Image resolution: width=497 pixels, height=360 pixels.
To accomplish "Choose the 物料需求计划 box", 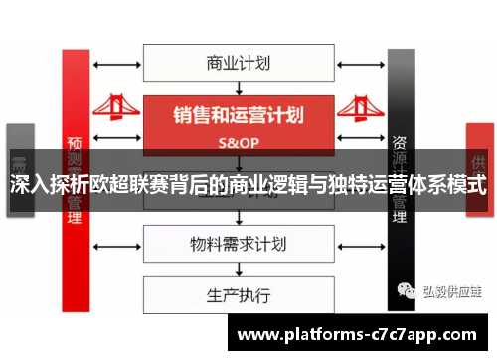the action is click(238, 244).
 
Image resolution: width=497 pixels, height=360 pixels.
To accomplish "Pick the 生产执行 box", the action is click(238, 295).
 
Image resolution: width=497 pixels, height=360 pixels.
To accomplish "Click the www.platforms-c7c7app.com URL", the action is click(359, 335).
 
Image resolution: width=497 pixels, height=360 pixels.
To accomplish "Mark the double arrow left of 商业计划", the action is click(116, 63).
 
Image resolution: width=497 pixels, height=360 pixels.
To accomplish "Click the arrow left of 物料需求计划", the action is click(116, 244).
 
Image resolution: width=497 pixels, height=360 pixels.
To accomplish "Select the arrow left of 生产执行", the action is click(116, 295).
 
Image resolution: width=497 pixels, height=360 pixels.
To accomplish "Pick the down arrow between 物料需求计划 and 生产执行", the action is click(238, 270).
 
